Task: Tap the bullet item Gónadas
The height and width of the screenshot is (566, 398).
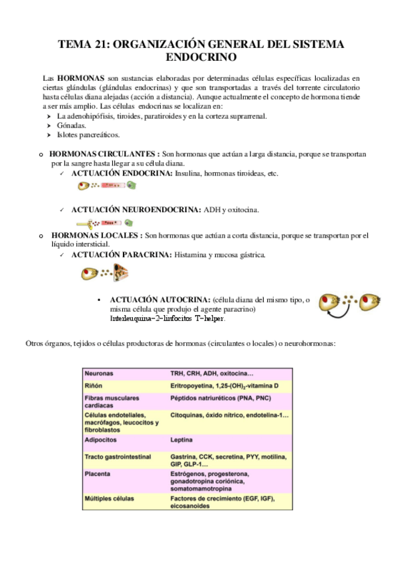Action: [71, 125]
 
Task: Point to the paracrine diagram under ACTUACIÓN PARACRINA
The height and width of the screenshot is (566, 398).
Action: [106, 272]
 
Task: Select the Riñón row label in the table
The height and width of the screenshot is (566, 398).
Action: [93, 386]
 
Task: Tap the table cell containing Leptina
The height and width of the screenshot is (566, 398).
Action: [182, 441]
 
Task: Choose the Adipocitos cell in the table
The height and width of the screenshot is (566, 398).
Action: [102, 441]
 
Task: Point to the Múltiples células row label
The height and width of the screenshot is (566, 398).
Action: [109, 499]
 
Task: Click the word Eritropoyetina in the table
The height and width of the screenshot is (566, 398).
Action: [194, 386]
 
